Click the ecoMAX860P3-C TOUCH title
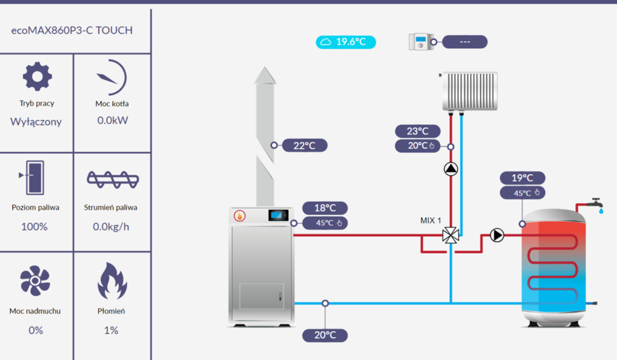click(x=72, y=30)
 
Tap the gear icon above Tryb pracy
click(x=36, y=77)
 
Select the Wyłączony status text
click(x=36, y=122)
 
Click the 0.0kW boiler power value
click(x=112, y=120)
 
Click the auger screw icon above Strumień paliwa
click(x=112, y=178)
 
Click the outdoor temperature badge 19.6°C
click(x=346, y=42)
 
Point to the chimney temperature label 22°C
click(x=304, y=146)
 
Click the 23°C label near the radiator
click(x=418, y=131)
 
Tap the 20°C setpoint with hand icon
click(x=422, y=146)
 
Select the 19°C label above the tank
click(x=522, y=178)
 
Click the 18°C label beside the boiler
click(x=325, y=208)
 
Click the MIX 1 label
click(x=431, y=220)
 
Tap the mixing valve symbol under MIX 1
click(x=450, y=235)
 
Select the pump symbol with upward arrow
click(x=450, y=168)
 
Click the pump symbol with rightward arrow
click(x=497, y=235)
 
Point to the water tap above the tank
click(x=595, y=203)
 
